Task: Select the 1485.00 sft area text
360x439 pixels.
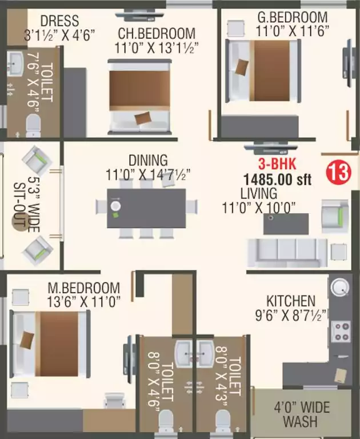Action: pyautogui.click(x=278, y=179)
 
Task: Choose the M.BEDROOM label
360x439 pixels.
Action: pyautogui.click(x=85, y=288)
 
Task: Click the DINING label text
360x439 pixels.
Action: pyautogui.click(x=147, y=160)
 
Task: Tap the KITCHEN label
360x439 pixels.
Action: pyautogui.click(x=290, y=301)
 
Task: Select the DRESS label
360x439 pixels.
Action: pyautogui.click(x=59, y=22)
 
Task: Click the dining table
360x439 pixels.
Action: pyautogui.click(x=147, y=206)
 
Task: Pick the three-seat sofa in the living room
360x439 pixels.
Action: pyautogui.click(x=288, y=250)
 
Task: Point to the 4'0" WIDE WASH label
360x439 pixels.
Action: pyautogui.click(x=301, y=414)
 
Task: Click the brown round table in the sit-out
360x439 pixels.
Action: pyautogui.click(x=19, y=222)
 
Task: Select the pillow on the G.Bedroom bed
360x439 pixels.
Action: pyautogui.click(x=242, y=67)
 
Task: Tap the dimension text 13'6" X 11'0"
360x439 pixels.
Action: pyautogui.click(x=85, y=302)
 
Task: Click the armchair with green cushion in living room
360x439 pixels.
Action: pyautogui.click(x=334, y=214)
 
